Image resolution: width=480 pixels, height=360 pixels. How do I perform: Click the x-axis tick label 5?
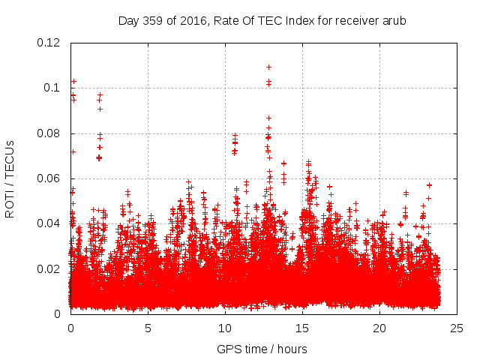tap(148, 328)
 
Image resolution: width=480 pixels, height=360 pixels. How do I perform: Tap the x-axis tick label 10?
tap(225, 328)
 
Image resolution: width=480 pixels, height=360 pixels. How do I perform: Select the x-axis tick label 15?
tap(302, 328)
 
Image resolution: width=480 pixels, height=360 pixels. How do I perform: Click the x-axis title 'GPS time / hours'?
tap(262, 349)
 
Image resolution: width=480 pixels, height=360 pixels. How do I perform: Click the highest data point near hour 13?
tap(268, 67)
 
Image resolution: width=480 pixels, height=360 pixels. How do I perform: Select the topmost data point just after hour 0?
tap(73, 81)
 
